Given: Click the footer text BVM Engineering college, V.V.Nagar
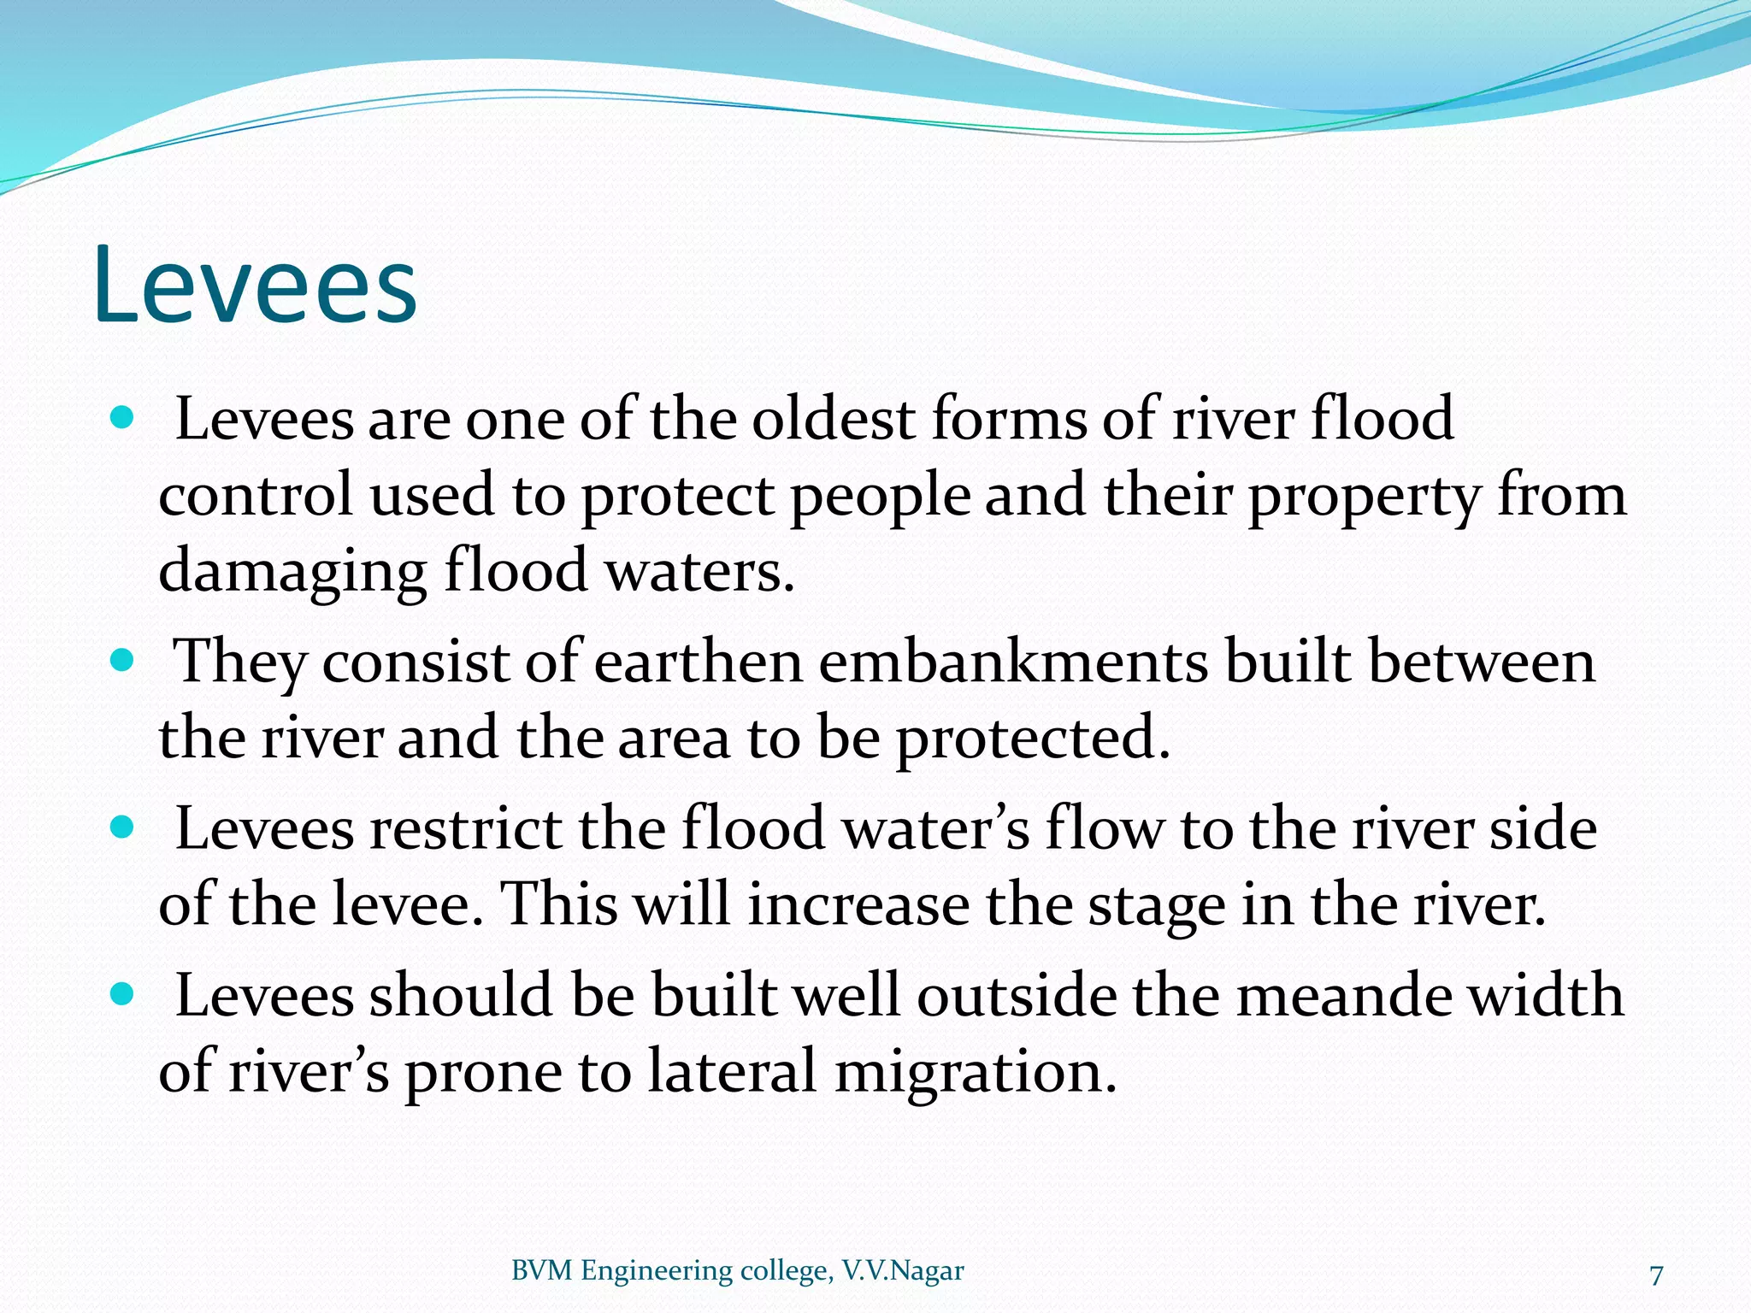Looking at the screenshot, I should [x=737, y=1271].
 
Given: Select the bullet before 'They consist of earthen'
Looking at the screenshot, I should [x=123, y=661].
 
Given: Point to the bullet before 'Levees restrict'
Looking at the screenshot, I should [x=123, y=827].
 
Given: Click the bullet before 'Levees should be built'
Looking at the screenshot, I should [x=123, y=994].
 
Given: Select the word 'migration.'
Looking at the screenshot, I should [x=975, y=1072].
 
